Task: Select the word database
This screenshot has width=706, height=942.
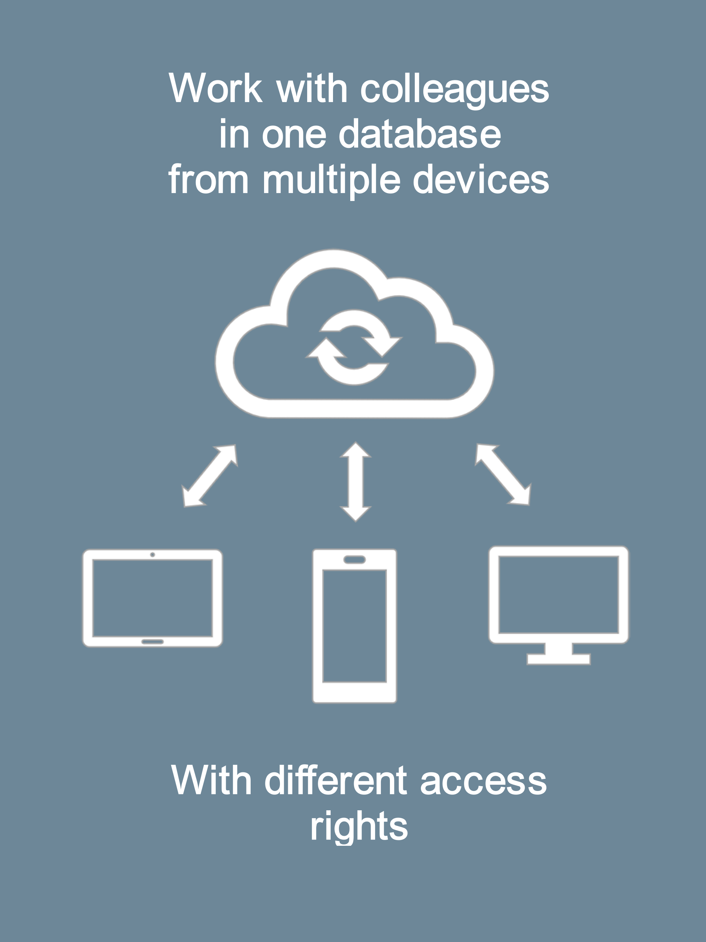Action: [420, 133]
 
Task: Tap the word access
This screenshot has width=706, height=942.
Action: [483, 783]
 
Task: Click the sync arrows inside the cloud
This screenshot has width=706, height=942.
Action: [354, 348]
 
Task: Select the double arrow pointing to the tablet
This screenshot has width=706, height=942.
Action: [210, 476]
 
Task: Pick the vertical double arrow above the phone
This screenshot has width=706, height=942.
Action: [355, 482]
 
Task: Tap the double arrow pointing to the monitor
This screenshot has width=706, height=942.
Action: [503, 474]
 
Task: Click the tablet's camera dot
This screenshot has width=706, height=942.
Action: [152, 554]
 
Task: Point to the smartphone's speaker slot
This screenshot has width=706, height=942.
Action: [354, 560]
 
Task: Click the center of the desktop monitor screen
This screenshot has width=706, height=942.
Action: [559, 594]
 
